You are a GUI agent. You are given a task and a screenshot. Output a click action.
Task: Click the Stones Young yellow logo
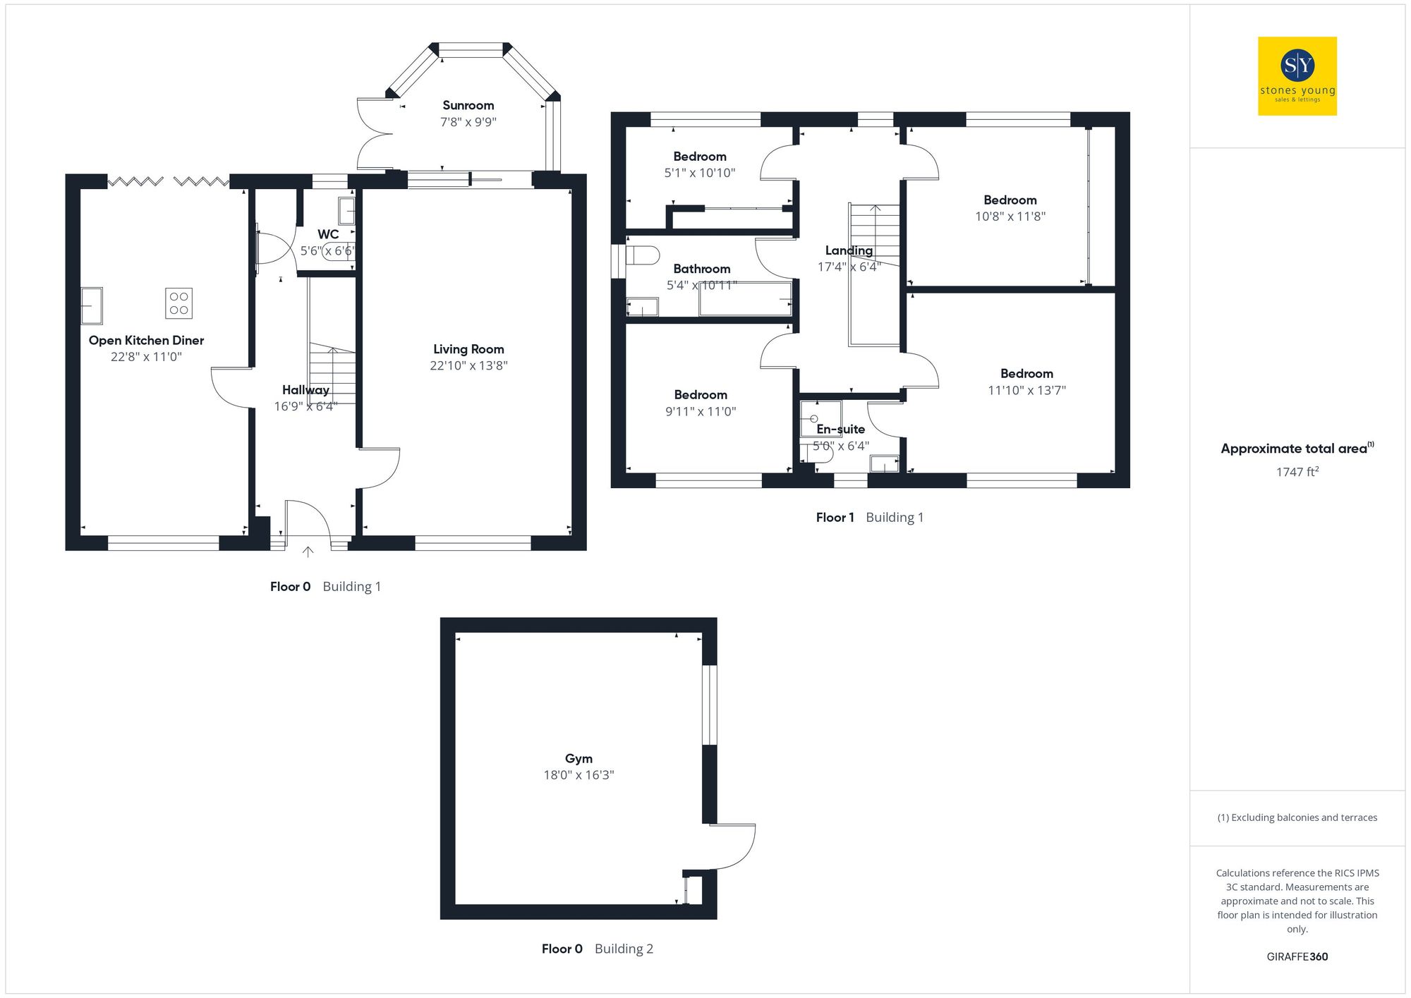coord(1297,76)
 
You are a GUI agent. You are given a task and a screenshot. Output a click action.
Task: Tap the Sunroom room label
coord(468,105)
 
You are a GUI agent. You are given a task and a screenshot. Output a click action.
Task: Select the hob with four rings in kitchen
coord(178,303)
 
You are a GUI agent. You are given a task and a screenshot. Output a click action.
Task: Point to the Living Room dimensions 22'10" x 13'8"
coord(468,365)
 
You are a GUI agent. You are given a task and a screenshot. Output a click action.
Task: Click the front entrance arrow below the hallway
coord(308,552)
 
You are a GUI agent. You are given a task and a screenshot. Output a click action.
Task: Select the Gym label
coord(579,758)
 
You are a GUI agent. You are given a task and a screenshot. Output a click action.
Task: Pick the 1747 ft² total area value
coord(1297,472)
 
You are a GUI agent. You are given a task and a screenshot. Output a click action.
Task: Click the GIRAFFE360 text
coord(1297,956)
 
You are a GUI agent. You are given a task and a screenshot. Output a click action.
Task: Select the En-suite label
coord(840,429)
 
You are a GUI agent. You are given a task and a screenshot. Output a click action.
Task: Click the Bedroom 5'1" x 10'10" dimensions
coord(699,173)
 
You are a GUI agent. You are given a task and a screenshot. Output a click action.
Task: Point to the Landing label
coord(849,250)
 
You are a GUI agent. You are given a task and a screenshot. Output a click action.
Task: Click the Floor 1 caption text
coord(835,517)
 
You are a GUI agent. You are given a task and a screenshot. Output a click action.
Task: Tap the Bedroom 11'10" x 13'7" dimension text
coord(1027,390)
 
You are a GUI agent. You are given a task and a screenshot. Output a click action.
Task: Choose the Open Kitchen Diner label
coord(146,340)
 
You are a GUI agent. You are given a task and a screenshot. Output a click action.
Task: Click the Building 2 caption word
coord(624,949)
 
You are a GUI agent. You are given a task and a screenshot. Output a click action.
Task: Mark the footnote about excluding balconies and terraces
coord(1297,817)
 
